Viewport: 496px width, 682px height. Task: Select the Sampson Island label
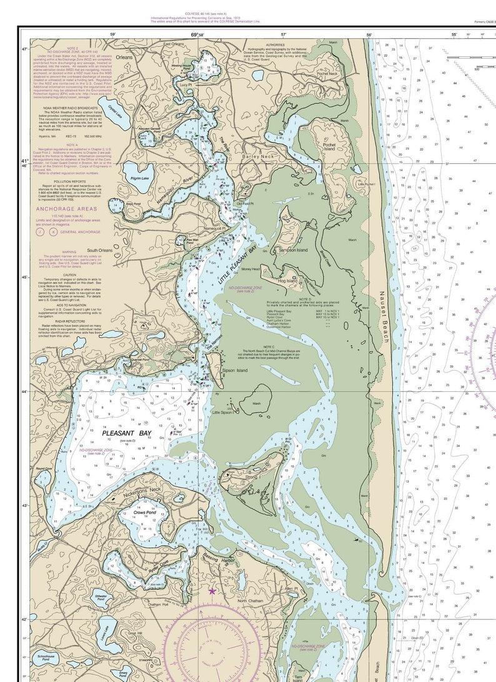click(294, 250)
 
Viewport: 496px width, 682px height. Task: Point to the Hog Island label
click(288, 281)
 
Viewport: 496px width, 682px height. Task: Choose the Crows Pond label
click(144, 513)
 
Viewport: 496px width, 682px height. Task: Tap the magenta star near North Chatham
click(212, 590)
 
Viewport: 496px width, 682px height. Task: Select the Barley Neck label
click(259, 156)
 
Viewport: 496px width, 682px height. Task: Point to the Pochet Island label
click(329, 147)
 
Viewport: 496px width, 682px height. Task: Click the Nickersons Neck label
click(143, 489)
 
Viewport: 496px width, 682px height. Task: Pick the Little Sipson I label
click(222, 413)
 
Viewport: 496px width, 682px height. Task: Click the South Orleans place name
click(100, 250)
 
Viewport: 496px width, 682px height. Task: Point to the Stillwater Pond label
click(101, 598)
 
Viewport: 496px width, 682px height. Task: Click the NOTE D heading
click(305, 299)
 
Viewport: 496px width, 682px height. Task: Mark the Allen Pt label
click(291, 588)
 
